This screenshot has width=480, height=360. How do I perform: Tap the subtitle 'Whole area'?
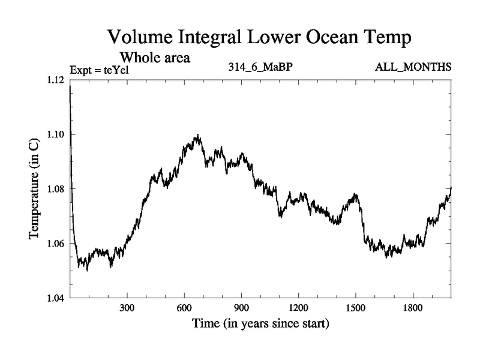click(155, 58)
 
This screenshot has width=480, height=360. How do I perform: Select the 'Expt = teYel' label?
click(100, 70)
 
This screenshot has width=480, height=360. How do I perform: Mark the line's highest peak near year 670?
click(198, 136)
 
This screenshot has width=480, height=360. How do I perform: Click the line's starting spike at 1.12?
click(71, 85)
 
